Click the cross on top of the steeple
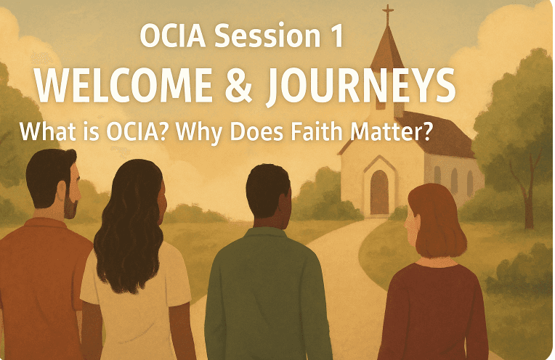tap(388, 13)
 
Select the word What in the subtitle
tap(44, 131)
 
